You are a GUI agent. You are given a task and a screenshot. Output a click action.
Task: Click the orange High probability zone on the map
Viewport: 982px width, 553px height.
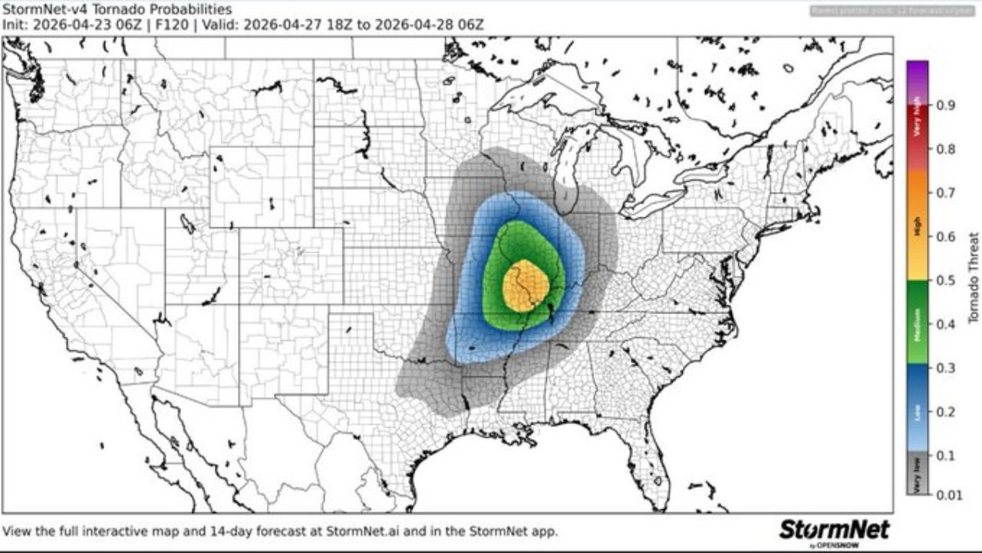(x=526, y=286)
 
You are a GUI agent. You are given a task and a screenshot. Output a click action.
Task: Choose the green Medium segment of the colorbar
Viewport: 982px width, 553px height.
(x=917, y=323)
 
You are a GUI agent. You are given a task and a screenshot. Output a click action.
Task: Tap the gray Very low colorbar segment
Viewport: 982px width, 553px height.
(x=917, y=473)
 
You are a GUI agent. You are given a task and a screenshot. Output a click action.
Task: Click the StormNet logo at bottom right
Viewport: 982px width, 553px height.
(x=834, y=530)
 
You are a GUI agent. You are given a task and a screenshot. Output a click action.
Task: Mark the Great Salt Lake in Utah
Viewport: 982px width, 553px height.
(x=187, y=224)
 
